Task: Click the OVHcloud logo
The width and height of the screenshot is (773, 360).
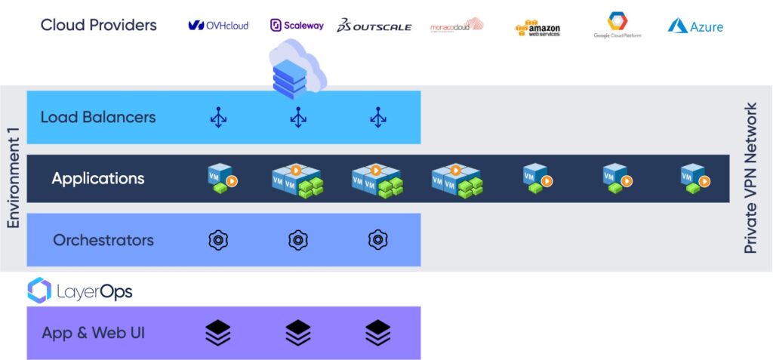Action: [x=218, y=26]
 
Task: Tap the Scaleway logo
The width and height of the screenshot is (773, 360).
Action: [x=297, y=25]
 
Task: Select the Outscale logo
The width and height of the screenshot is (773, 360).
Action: [x=374, y=26]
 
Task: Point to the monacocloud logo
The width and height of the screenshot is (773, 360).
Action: [x=456, y=26]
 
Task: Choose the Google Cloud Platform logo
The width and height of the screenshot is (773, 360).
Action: [x=617, y=25]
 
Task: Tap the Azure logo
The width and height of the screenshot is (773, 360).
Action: [x=695, y=26]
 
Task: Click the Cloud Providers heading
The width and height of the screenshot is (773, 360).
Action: [x=99, y=25]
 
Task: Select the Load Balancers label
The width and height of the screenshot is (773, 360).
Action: [x=98, y=117]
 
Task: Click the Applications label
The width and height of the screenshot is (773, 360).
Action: [x=98, y=179]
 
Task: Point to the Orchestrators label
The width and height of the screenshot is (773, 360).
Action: [x=103, y=240]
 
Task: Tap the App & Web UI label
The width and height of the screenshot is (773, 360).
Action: [x=94, y=333]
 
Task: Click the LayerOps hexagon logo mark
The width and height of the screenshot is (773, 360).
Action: [x=39, y=291]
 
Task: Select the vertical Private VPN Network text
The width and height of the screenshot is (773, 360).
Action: [x=750, y=178]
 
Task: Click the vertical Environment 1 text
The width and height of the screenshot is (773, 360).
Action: [x=13, y=177]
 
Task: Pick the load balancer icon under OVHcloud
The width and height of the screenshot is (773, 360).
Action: [x=218, y=117]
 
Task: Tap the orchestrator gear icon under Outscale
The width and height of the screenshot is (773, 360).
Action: [x=377, y=240]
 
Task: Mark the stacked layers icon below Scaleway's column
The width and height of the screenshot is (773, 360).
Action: [x=298, y=332]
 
